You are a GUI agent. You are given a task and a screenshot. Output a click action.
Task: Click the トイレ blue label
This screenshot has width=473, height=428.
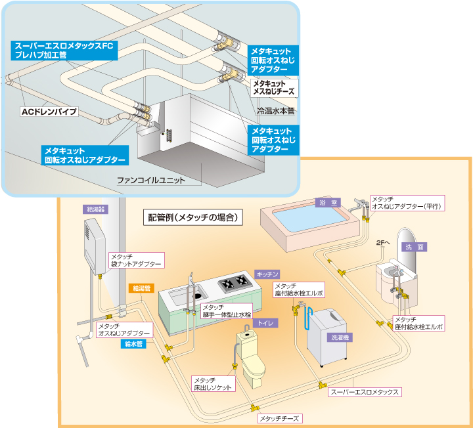(x=265, y=322)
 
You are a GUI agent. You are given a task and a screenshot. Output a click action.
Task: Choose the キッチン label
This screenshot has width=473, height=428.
(x=268, y=273)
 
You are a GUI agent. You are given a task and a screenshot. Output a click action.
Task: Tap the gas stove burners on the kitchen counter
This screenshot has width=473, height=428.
(x=233, y=284)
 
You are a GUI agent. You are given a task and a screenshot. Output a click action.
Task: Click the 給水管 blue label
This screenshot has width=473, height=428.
(x=134, y=343)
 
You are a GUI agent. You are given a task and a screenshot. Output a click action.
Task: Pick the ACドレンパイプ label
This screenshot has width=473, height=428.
(x=49, y=112)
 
